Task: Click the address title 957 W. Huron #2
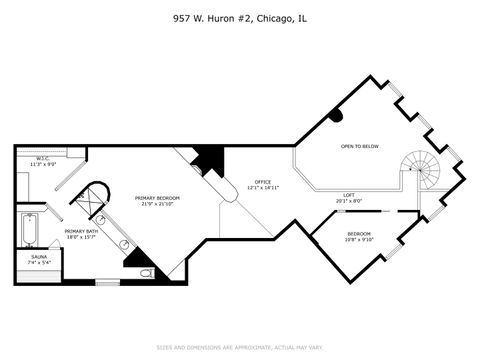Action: pos(239,18)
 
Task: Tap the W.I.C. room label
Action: pos(43,157)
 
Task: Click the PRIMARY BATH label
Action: pos(81,231)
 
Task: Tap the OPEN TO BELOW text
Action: pos(359,146)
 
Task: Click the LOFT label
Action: pos(349,195)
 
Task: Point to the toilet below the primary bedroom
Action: pos(147,272)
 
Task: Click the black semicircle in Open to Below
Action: pos(336,115)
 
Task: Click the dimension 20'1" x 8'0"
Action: pos(349,201)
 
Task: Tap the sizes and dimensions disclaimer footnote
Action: pos(240,347)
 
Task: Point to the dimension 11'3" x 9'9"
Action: pos(43,163)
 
